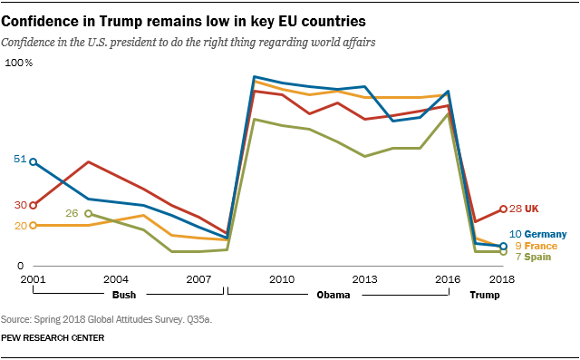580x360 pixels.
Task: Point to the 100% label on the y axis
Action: click(19, 63)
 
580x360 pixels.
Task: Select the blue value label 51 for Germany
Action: click(20, 160)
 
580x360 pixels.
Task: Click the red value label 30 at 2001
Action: click(20, 205)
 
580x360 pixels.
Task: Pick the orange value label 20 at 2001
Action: click(20, 226)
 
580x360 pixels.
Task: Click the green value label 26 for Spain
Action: click(73, 213)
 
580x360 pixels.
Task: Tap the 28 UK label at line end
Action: click(525, 209)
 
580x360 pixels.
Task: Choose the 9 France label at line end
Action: click(535, 246)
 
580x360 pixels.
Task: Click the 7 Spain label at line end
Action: click(533, 258)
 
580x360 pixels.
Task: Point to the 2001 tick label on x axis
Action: click(33, 278)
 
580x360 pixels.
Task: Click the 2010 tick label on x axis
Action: click(281, 278)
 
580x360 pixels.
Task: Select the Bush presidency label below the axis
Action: click(126, 296)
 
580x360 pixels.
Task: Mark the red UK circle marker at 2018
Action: click(504, 209)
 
